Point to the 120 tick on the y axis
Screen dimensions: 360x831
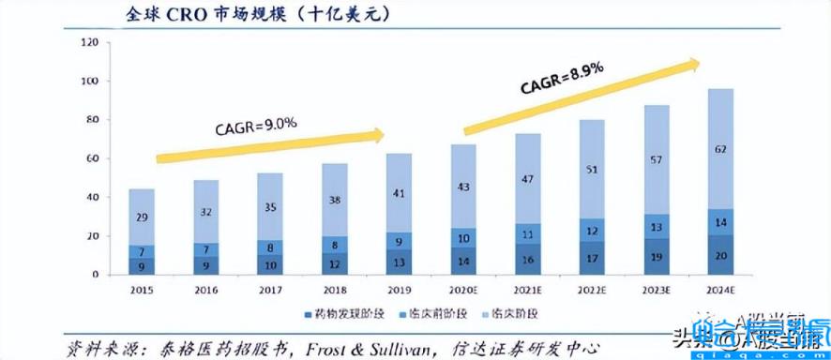pos(90,43)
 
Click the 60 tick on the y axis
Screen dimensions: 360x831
pos(93,159)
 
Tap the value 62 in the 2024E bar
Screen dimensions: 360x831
pos(719,147)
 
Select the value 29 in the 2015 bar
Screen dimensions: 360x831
pos(141,217)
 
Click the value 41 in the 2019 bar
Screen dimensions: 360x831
pos(398,194)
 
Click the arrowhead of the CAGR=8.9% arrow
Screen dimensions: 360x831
pos(693,64)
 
